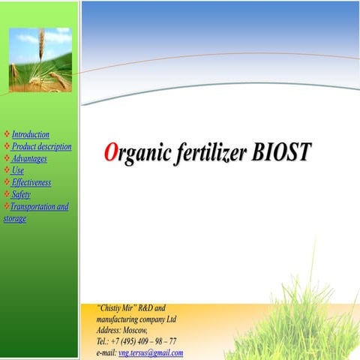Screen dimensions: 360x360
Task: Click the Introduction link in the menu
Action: [x=31, y=134]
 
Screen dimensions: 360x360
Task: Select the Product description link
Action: [x=42, y=146]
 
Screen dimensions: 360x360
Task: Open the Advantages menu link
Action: [x=29, y=158]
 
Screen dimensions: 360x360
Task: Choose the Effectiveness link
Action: [x=31, y=182]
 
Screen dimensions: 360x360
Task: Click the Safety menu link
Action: [x=21, y=194]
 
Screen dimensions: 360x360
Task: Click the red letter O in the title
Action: [x=110, y=153]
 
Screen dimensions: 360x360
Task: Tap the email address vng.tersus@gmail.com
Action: [x=151, y=352]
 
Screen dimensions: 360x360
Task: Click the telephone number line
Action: [x=136, y=341]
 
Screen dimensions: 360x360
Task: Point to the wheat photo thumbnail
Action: [x=40, y=60]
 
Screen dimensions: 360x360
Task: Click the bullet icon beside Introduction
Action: [x=7, y=134]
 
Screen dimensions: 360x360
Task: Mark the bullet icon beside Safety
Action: [x=7, y=194]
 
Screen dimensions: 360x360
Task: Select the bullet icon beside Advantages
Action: [x=7, y=158]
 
